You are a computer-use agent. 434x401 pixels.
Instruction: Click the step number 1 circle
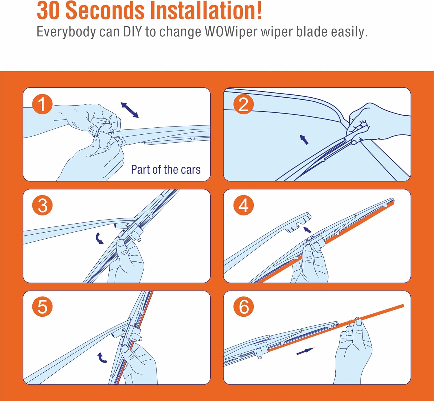(x=43, y=104)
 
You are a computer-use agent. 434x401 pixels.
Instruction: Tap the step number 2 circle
(x=243, y=104)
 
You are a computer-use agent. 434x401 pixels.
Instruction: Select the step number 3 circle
(x=43, y=205)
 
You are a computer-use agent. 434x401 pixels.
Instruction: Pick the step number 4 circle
(x=243, y=205)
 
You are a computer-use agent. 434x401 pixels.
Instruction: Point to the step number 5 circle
(x=43, y=307)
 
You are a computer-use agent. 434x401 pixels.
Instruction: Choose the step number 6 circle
(x=243, y=307)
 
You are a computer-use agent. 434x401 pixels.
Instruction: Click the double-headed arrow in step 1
(x=130, y=110)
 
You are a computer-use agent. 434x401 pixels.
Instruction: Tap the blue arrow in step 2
(x=304, y=140)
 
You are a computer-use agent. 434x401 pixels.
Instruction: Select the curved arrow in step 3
(x=99, y=238)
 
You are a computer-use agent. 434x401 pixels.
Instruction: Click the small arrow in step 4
(x=308, y=230)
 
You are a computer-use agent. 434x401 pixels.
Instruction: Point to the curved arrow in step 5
(x=101, y=357)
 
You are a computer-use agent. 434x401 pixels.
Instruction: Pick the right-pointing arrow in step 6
(x=305, y=351)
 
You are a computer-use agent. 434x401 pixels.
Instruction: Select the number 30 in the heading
(x=48, y=11)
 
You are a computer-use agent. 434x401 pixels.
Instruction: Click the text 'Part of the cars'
(x=166, y=169)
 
